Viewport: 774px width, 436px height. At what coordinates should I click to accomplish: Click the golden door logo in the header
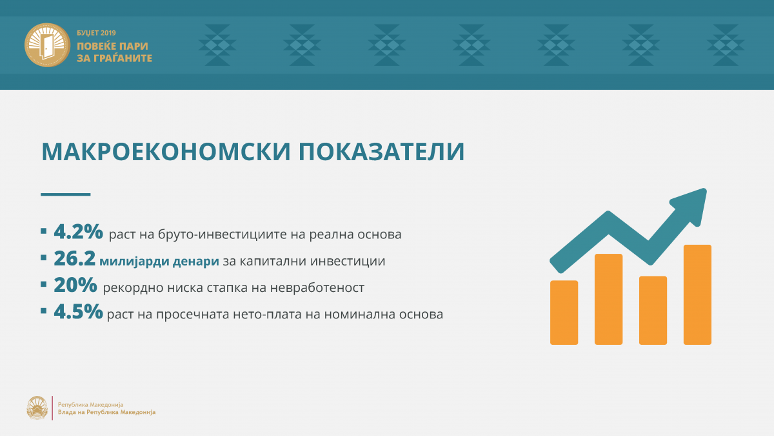pos(47,45)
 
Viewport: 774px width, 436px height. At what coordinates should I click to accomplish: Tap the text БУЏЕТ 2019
pos(96,33)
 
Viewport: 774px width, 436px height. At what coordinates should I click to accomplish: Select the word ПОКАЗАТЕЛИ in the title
pos(382,152)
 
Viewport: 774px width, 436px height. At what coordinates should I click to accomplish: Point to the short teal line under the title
pos(66,194)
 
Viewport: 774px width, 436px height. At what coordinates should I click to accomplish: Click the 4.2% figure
pos(79,231)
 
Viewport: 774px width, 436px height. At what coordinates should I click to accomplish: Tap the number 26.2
pos(75,258)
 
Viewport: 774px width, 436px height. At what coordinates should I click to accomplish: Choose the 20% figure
pos(75,285)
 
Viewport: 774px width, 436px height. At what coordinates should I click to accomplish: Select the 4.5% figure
pos(79,311)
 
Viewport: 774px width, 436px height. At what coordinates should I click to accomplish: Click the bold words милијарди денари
pos(159,261)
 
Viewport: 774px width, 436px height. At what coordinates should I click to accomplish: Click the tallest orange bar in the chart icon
pos(697,295)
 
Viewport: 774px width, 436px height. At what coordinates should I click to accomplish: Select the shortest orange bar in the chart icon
pos(564,313)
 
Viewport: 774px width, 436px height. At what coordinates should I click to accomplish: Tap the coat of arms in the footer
pos(37,408)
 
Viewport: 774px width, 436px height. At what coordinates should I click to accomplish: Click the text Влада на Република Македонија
pos(107,412)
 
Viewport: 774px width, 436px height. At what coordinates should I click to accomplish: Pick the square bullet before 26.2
pos(44,258)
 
